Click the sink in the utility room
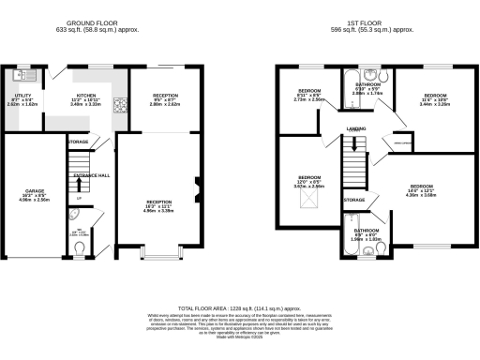tap(22, 74)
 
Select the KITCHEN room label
tap(86, 95)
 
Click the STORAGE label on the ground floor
tap(78, 142)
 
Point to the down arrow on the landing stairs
tap(353, 143)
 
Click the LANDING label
tap(355, 128)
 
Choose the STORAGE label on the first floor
tap(353, 200)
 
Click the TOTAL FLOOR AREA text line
tap(239, 308)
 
